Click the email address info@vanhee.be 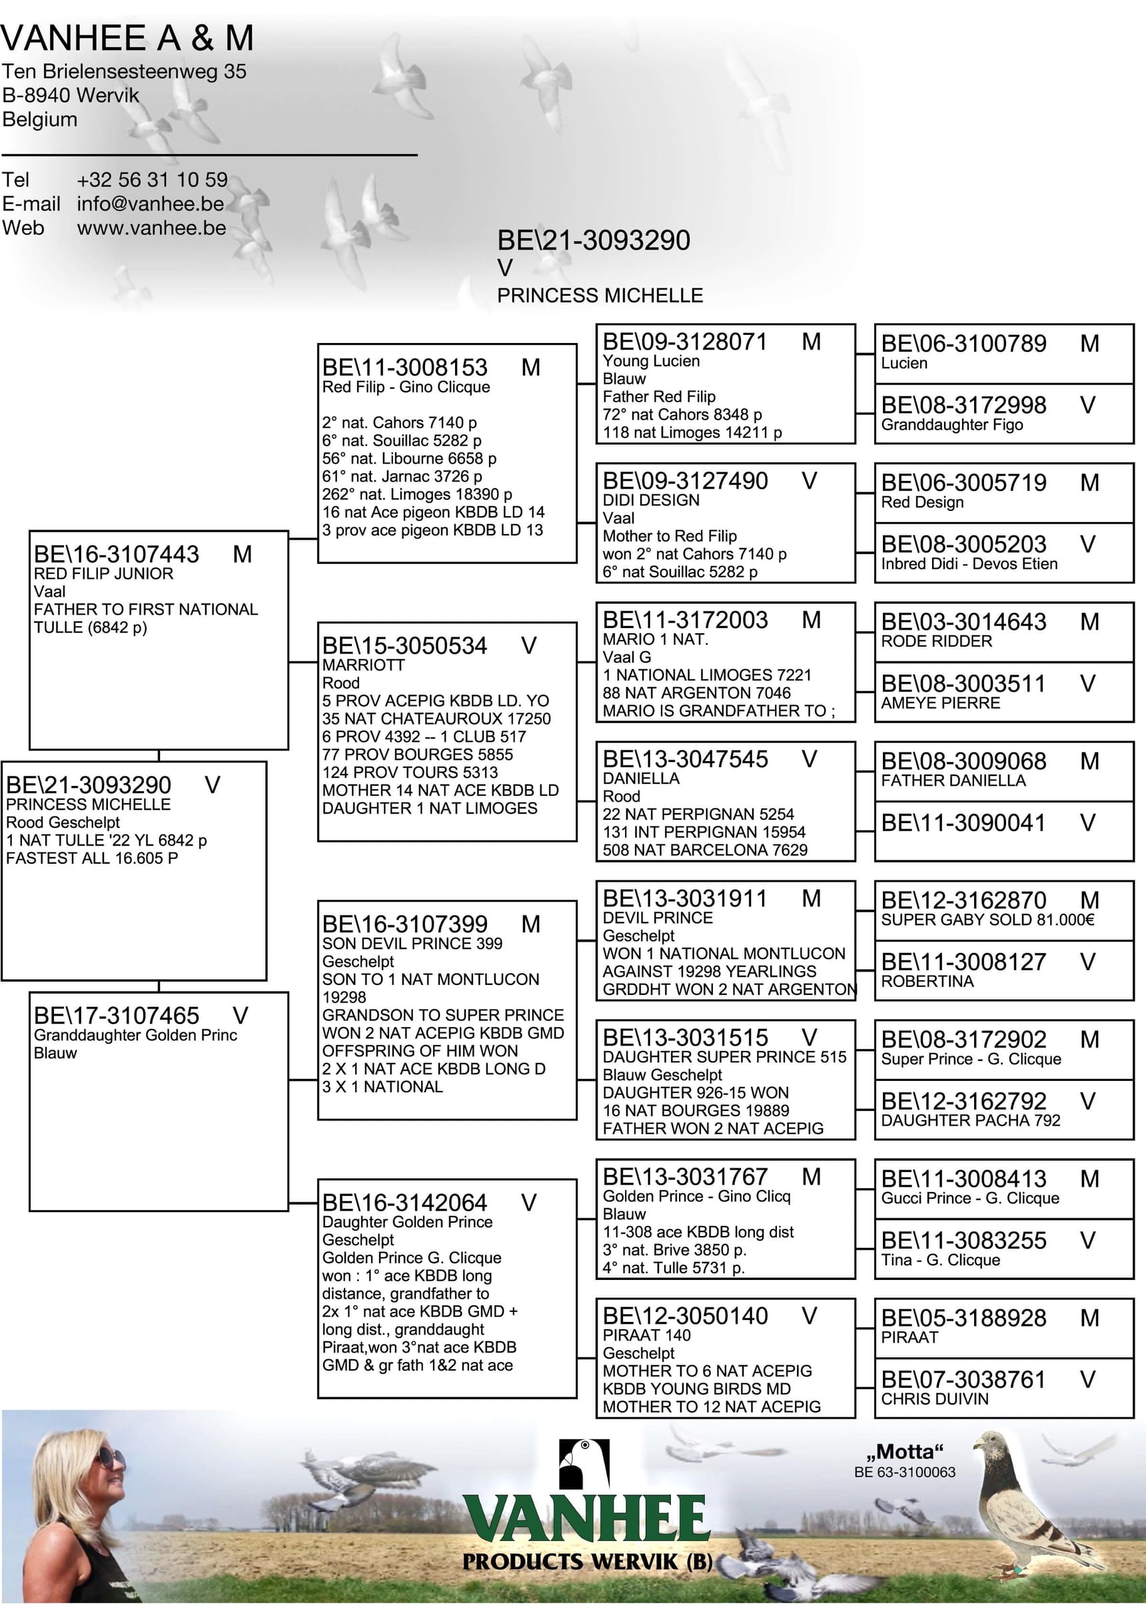click(151, 204)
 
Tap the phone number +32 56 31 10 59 click(152, 180)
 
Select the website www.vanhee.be click(152, 228)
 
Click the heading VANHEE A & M click(127, 38)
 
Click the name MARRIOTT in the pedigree click(362, 665)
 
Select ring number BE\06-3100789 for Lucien click(963, 344)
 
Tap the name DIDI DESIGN click(651, 500)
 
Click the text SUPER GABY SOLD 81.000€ click(987, 920)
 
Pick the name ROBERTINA click(927, 981)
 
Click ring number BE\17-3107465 click(117, 1016)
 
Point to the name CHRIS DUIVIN click(934, 1399)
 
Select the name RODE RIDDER click(935, 641)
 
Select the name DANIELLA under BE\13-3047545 click(641, 779)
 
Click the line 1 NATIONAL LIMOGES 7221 click(706, 675)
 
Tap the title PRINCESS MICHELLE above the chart click(600, 296)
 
